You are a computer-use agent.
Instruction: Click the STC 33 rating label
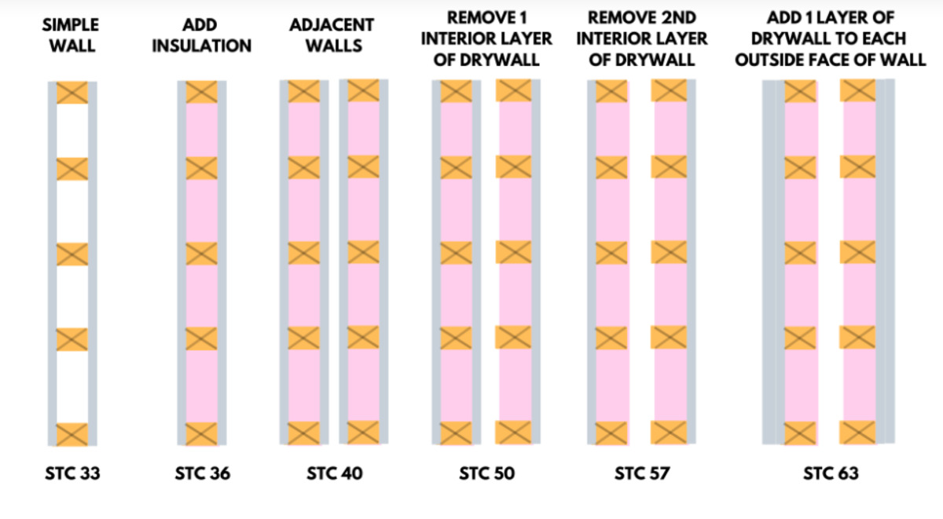click(x=72, y=473)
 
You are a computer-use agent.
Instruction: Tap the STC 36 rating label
click(x=203, y=473)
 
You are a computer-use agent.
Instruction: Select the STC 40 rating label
click(x=335, y=473)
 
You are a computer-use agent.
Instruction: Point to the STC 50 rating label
click(x=486, y=473)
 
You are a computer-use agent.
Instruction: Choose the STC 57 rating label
click(x=642, y=473)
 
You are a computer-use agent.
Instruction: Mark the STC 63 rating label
click(x=831, y=473)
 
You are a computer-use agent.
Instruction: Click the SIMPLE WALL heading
click(x=72, y=35)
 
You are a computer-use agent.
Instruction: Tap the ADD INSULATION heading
click(x=202, y=35)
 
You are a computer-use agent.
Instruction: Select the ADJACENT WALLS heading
click(x=332, y=35)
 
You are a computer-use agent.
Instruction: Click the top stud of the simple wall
click(x=72, y=93)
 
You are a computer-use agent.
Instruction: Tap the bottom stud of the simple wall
click(x=72, y=434)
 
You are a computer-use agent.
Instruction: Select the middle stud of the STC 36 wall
click(x=202, y=253)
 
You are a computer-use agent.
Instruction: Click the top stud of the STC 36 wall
click(x=202, y=92)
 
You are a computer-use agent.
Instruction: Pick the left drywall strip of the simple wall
click(x=52, y=264)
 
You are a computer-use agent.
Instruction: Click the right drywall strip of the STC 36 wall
click(x=222, y=263)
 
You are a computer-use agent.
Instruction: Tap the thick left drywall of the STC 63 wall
click(x=774, y=262)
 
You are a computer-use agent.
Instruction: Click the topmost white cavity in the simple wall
click(x=72, y=131)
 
